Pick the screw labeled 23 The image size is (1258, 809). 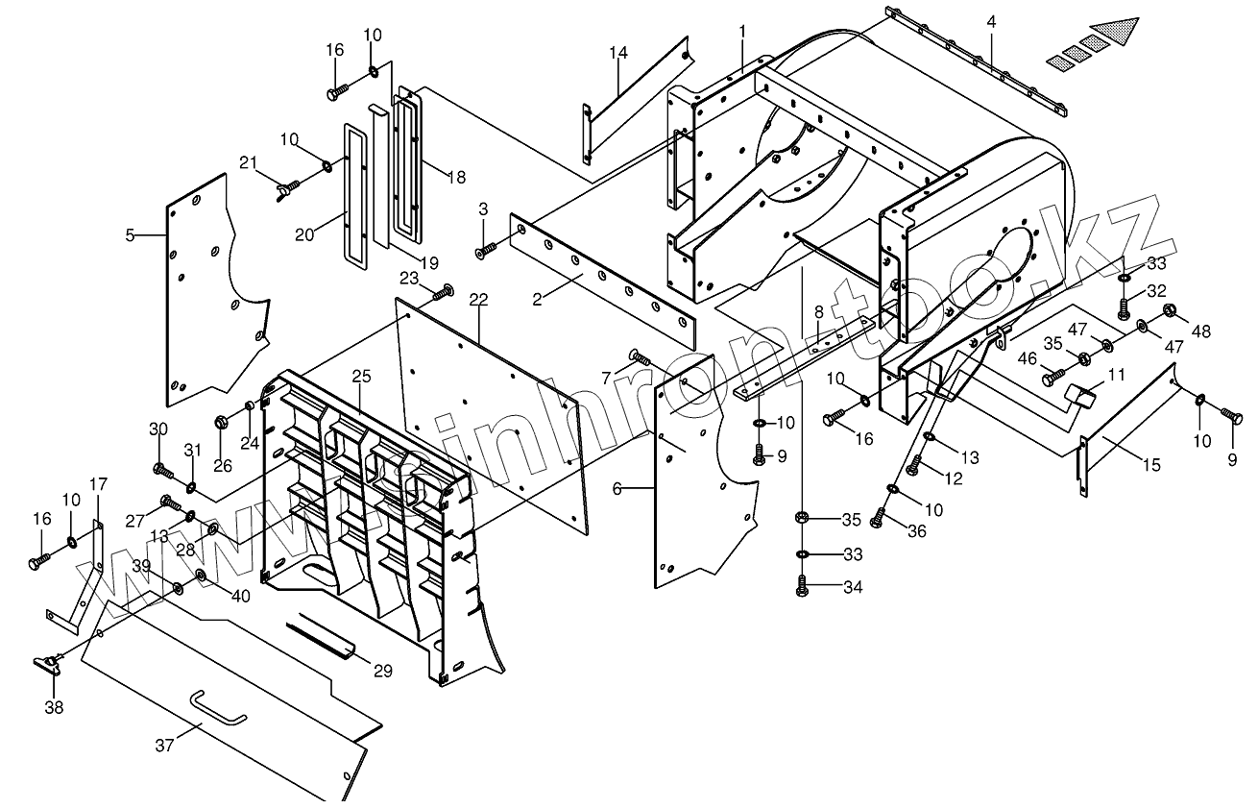(443, 292)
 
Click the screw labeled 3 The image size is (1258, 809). (485, 251)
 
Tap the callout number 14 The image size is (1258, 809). (617, 51)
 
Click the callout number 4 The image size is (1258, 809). (991, 21)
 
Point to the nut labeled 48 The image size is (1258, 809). (1171, 311)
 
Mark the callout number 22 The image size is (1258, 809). (478, 299)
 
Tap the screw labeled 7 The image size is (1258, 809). (639, 358)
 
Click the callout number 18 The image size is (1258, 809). (456, 177)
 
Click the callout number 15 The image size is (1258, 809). (1151, 465)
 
